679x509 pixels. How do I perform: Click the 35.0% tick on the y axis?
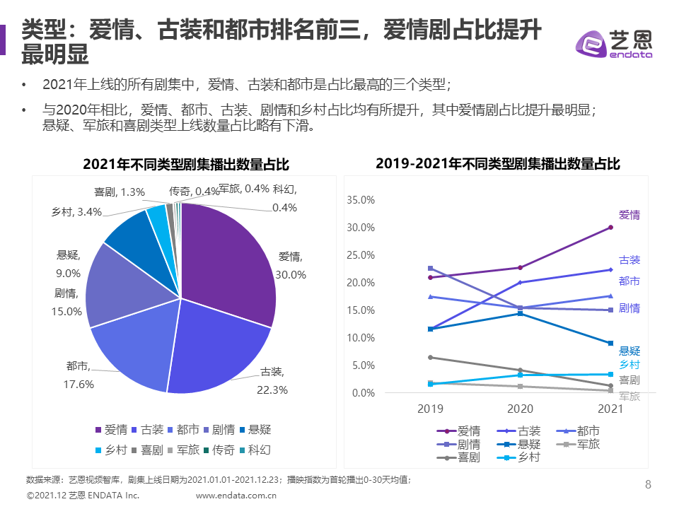[361, 200]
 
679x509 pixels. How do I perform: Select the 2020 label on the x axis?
[520, 409]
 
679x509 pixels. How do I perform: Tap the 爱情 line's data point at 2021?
[610, 227]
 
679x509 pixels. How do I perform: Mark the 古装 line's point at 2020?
[520, 282]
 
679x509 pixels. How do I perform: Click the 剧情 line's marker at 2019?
[430, 268]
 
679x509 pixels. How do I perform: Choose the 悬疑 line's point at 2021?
[610, 343]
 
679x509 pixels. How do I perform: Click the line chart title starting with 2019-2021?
[498, 164]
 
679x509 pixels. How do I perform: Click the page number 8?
[649, 484]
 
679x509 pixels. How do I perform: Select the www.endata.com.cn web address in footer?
[236, 496]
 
